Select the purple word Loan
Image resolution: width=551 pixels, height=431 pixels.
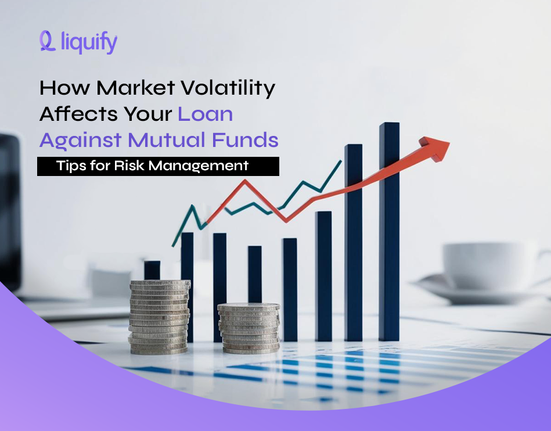(x=206, y=114)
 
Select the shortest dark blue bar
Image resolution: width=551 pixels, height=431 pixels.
(x=152, y=270)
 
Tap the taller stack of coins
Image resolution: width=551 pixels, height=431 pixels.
(x=159, y=317)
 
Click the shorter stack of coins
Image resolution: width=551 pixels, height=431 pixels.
(x=249, y=328)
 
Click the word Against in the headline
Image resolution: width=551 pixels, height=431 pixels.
(x=80, y=140)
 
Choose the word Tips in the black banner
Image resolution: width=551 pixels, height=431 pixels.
(x=70, y=166)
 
